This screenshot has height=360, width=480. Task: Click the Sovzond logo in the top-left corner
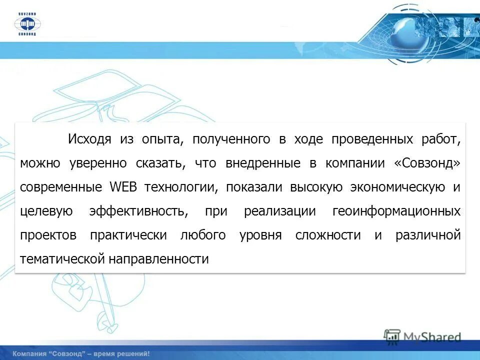28,23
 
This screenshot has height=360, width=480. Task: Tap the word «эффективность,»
139,211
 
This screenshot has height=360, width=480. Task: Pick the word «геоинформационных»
396,211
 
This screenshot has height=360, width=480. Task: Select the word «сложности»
328,235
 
